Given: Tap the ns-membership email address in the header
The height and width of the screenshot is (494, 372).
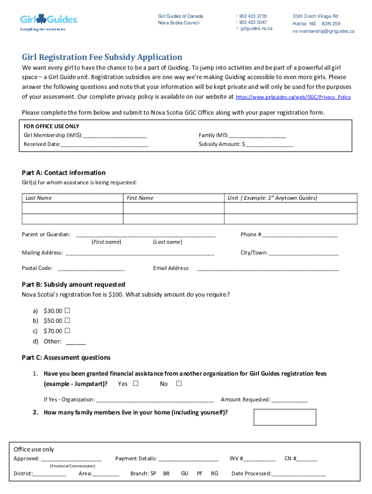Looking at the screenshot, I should (x=323, y=31).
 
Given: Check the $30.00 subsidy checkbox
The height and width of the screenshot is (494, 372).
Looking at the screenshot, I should (x=67, y=310).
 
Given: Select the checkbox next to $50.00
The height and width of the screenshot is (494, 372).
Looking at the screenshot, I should (x=67, y=320).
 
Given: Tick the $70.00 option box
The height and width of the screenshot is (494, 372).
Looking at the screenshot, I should (x=67, y=331).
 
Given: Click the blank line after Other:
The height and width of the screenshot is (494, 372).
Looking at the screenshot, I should (x=75, y=343).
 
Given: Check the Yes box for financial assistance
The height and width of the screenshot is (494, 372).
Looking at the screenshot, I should (x=136, y=384).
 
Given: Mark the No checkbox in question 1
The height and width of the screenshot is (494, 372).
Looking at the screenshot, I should (x=179, y=384).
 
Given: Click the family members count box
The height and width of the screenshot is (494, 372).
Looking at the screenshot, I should (x=285, y=417).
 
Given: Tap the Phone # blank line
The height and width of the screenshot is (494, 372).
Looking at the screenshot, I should (x=300, y=235).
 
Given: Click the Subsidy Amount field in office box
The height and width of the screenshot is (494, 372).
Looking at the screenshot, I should (x=269, y=145).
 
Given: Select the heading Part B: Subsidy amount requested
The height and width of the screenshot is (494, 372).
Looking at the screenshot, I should (x=73, y=285).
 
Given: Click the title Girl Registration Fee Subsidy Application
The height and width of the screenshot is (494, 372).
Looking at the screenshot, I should (x=102, y=57).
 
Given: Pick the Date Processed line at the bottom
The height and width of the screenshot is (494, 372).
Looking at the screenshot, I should (x=299, y=474).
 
